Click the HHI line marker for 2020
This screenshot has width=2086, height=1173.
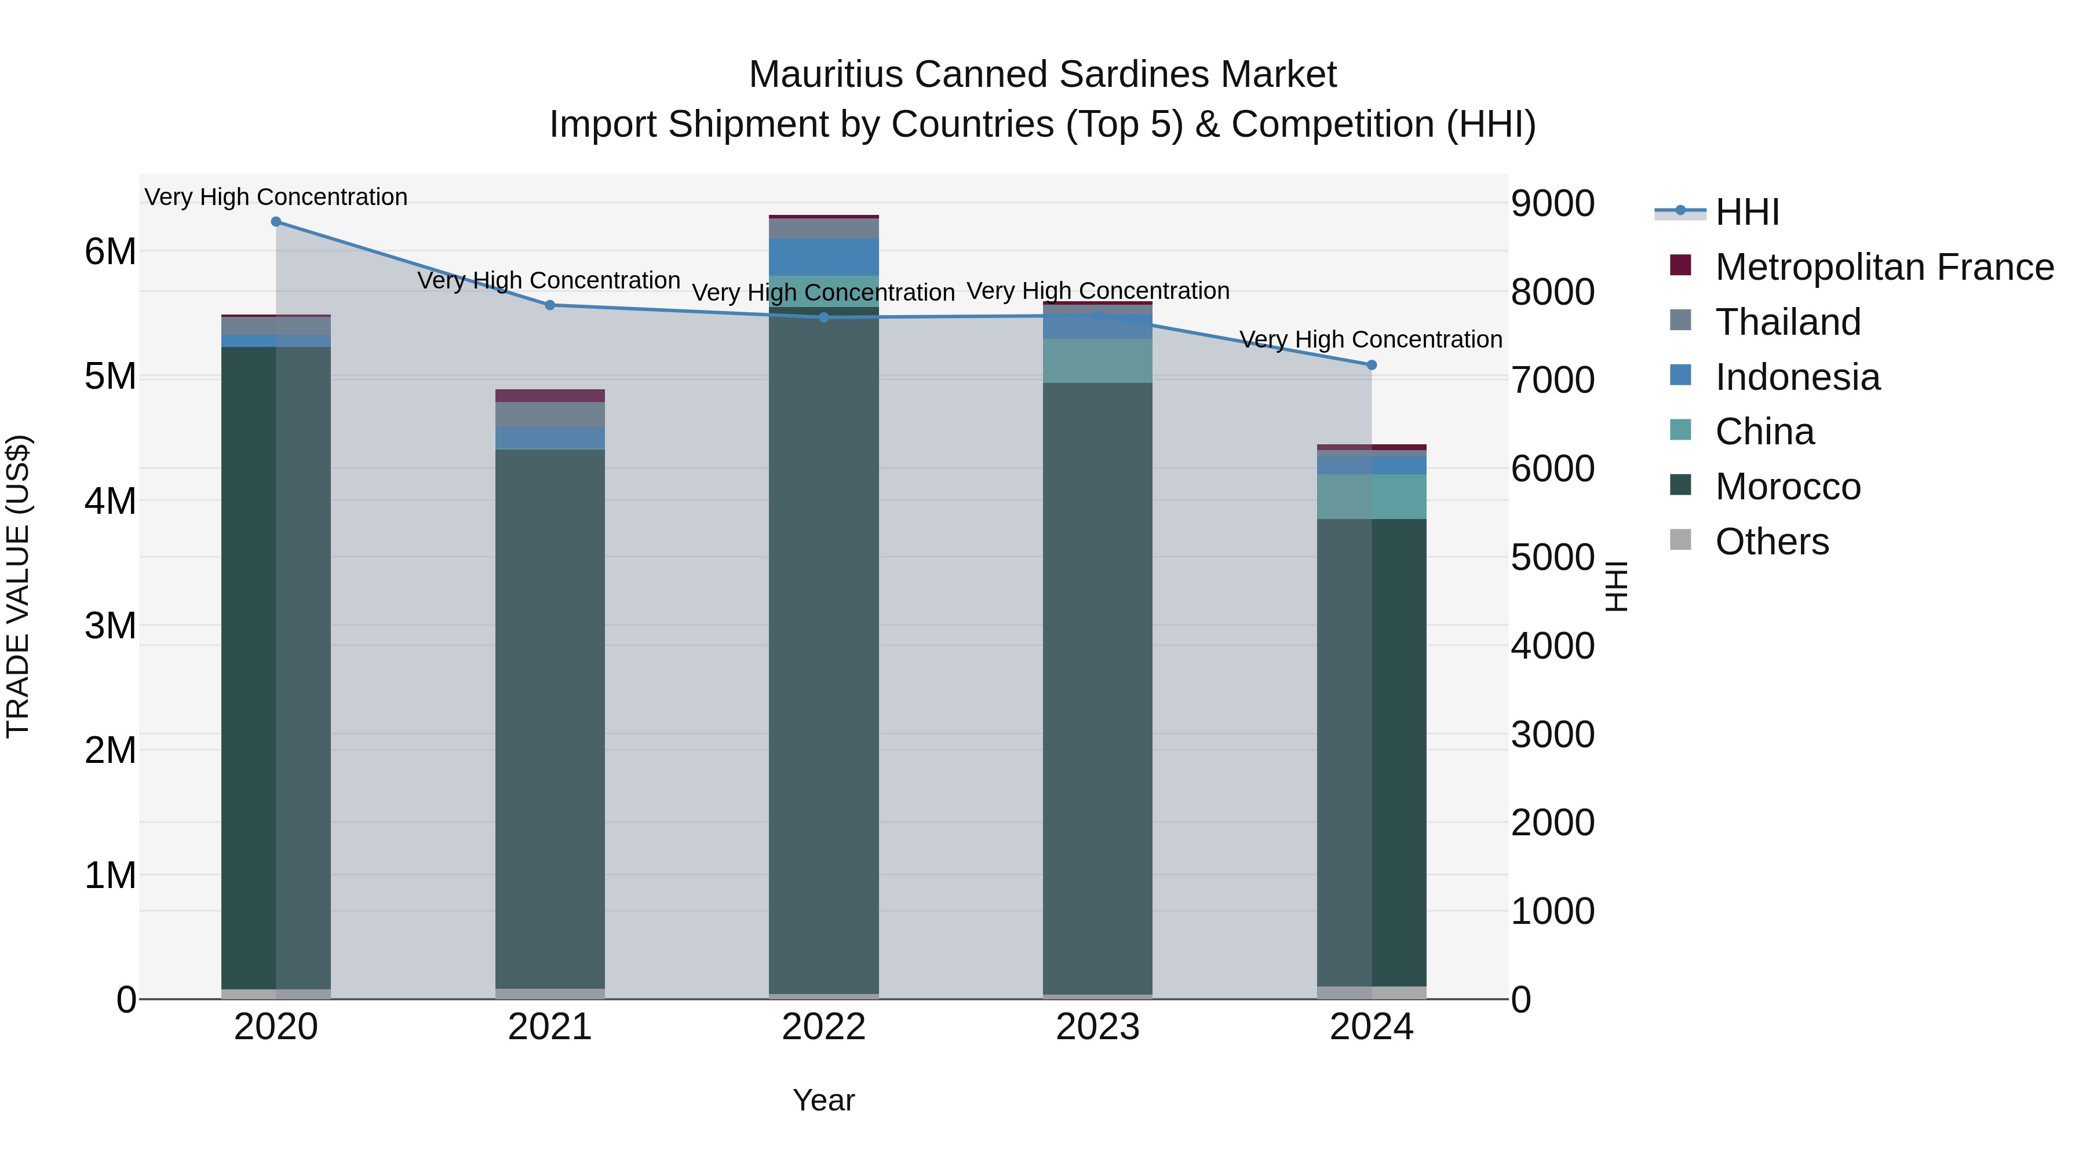(276, 222)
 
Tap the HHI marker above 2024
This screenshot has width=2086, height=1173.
(1371, 365)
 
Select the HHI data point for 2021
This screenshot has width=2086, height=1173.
(550, 305)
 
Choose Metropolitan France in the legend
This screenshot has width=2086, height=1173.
(1884, 267)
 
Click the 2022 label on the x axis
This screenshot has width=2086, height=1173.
(823, 1027)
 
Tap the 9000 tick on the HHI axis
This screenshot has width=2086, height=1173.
(1552, 203)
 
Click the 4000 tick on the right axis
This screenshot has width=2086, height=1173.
(1552, 646)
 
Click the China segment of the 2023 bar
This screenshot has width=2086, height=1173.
(1097, 361)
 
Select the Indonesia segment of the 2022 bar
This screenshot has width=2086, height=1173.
(823, 257)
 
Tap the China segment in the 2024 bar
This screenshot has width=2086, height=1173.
(1371, 496)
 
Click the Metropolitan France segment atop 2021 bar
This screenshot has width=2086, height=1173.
(550, 396)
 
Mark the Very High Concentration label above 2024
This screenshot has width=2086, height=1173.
(1370, 339)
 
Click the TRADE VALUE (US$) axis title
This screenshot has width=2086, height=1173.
(18, 586)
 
